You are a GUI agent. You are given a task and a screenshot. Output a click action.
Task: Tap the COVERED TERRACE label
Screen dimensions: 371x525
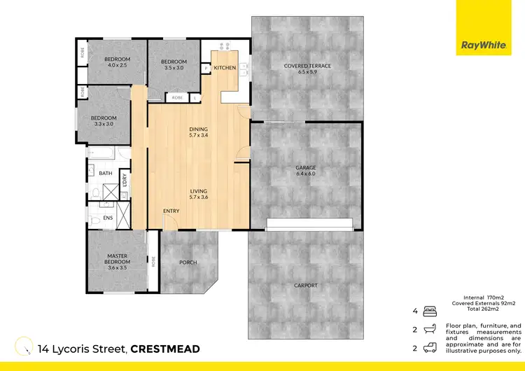307,69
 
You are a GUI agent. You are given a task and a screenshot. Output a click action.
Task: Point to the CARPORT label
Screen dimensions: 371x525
306,286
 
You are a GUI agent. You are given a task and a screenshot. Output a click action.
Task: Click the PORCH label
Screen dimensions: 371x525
188,263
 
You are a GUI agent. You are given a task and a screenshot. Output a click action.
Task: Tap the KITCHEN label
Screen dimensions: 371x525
225,68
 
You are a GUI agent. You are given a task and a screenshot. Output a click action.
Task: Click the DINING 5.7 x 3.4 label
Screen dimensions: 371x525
199,132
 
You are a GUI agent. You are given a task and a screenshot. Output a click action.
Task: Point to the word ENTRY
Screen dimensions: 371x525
171,211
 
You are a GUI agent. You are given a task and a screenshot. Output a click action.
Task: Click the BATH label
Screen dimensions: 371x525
105,174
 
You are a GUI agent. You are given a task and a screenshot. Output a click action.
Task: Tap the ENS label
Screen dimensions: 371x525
108,218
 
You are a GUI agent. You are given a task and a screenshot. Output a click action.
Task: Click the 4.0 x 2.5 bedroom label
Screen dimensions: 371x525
116,62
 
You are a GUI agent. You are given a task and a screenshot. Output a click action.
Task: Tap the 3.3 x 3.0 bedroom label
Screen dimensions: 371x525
103,121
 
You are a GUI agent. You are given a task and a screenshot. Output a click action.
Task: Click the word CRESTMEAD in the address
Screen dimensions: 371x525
165,349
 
